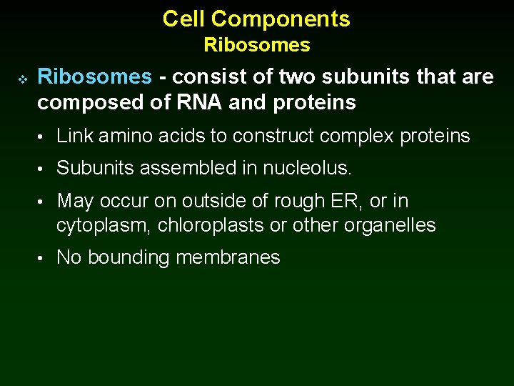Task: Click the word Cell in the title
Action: (183, 19)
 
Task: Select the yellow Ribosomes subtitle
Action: (257, 45)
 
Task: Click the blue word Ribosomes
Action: (94, 76)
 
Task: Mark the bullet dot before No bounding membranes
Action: (44, 258)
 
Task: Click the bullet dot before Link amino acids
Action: (44, 137)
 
